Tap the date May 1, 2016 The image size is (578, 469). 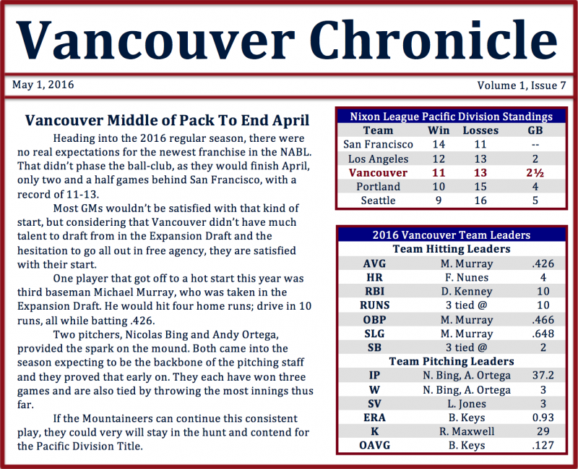pyautogui.click(x=43, y=85)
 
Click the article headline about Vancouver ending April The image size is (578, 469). pyautogui.click(x=167, y=120)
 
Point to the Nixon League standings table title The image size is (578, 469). pyautogui.click(x=451, y=117)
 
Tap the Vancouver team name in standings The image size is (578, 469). pyautogui.click(x=378, y=172)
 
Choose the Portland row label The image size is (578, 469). pyautogui.click(x=378, y=186)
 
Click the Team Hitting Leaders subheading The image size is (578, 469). pyautogui.click(x=451, y=249)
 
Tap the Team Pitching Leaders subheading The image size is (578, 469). pyautogui.click(x=451, y=360)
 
